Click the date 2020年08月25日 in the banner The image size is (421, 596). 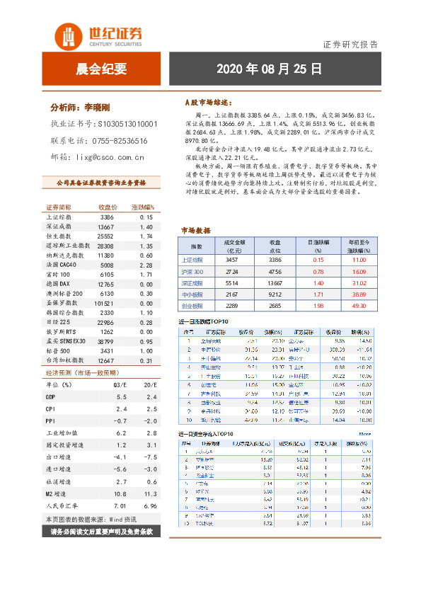268,69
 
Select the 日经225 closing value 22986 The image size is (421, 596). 105,321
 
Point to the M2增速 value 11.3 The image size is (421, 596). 150,494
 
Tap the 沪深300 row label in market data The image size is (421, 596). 192,272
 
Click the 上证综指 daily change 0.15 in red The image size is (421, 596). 318,260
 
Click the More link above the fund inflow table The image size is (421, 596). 364,434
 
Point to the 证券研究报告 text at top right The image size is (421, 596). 350,44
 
